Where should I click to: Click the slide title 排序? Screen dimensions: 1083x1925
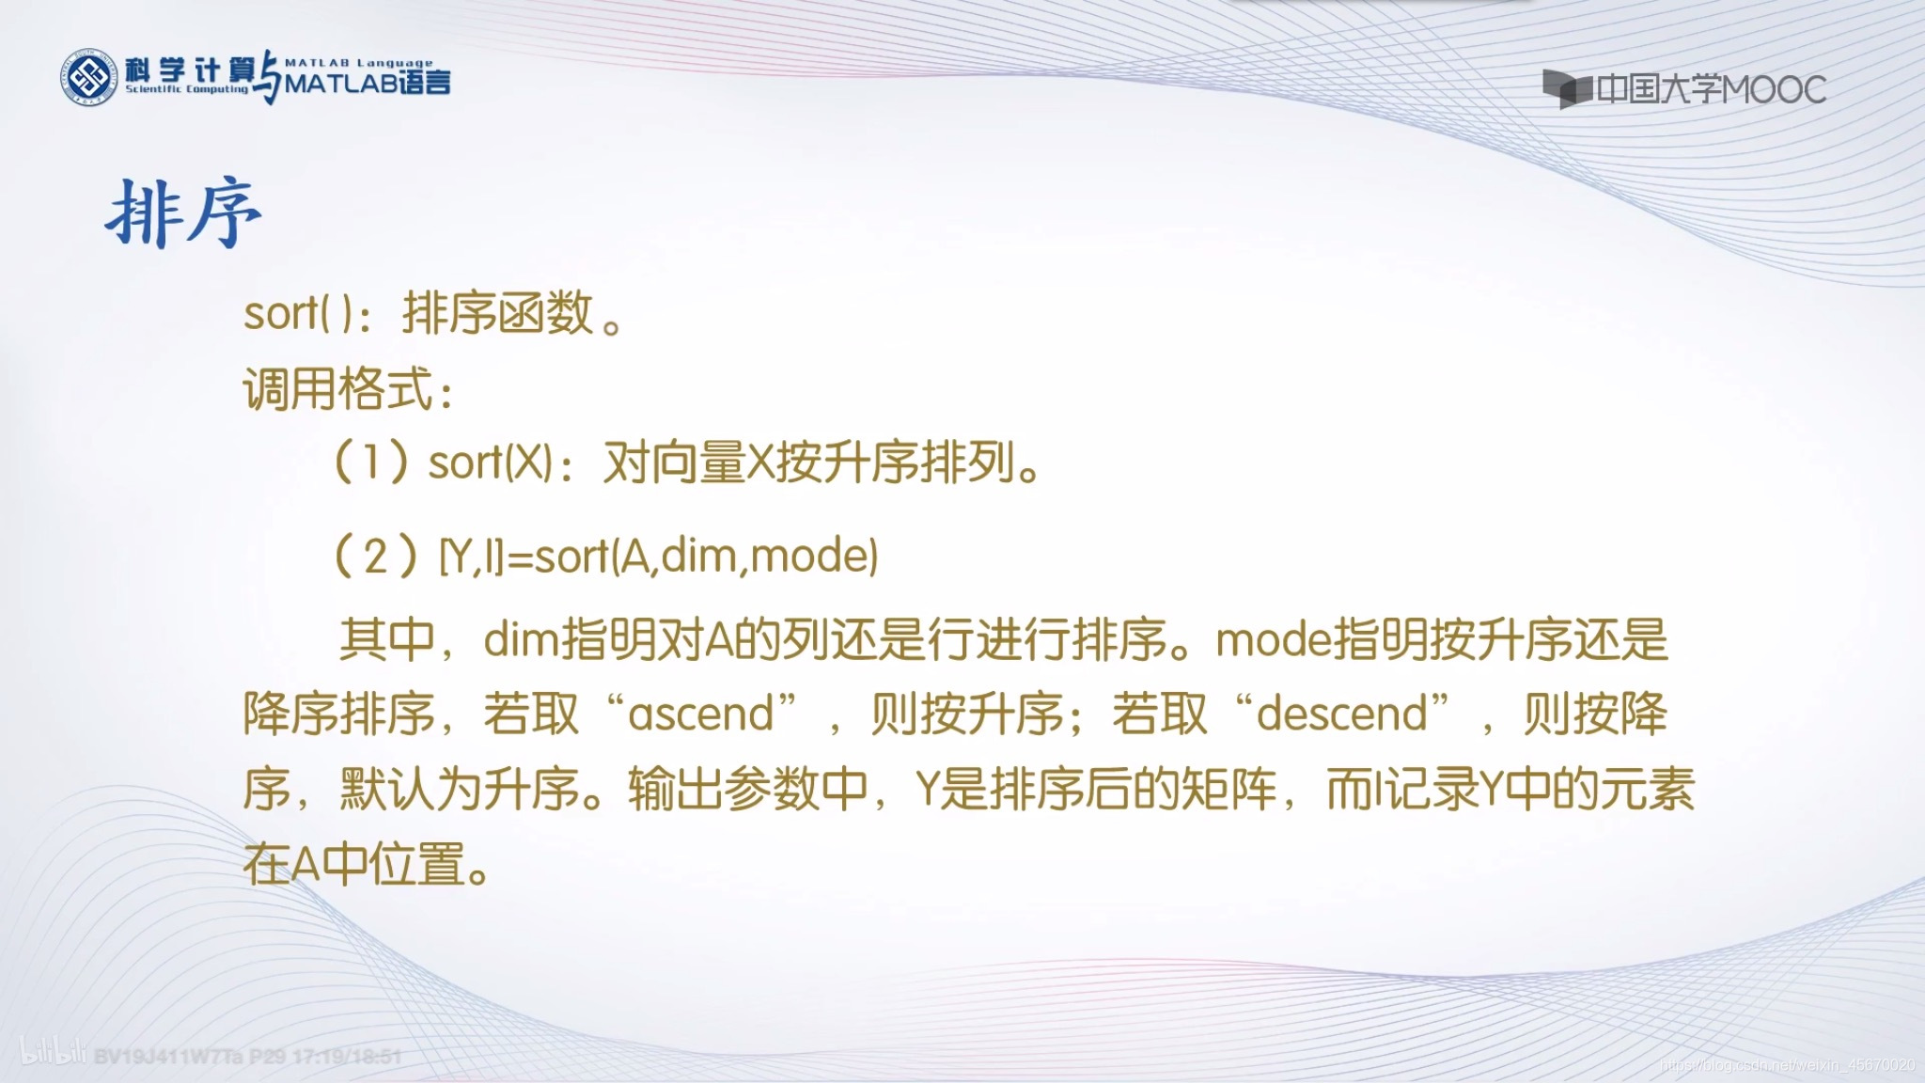pos(183,214)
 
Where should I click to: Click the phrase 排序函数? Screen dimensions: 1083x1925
pos(498,314)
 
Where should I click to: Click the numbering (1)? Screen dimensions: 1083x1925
pos(371,463)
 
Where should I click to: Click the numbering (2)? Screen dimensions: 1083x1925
pos(375,557)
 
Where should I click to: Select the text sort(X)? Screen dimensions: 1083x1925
pos(489,463)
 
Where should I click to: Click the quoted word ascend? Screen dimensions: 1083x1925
pos(701,714)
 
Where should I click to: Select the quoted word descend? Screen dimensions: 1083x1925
pos(1342,714)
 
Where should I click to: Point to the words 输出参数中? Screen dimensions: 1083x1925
pos(747,790)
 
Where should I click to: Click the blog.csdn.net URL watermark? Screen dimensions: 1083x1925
pos(1786,1065)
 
